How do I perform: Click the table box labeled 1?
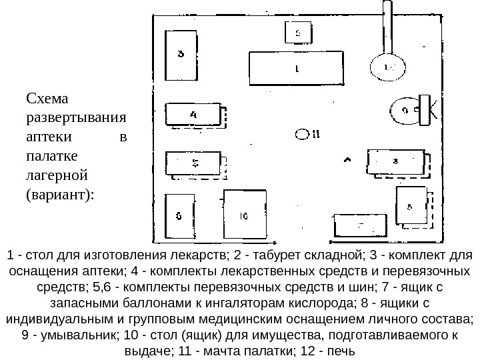point(297,68)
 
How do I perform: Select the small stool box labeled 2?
point(297,31)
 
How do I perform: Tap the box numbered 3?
point(181,54)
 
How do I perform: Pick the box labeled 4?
point(193,115)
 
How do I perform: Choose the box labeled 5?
point(195,163)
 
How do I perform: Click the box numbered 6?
point(179,216)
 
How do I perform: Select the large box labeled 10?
point(244,215)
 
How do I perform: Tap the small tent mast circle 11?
point(301,134)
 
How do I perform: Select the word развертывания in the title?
point(75,119)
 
